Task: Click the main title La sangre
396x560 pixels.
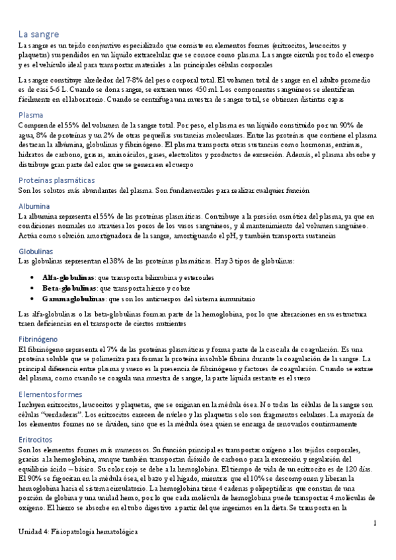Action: coord(39,34)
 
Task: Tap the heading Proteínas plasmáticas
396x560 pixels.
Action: coord(56,180)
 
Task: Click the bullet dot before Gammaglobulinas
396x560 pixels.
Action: coord(33,299)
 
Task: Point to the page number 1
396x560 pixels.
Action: coord(375,523)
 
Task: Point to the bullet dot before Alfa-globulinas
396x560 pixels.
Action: coord(33,278)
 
